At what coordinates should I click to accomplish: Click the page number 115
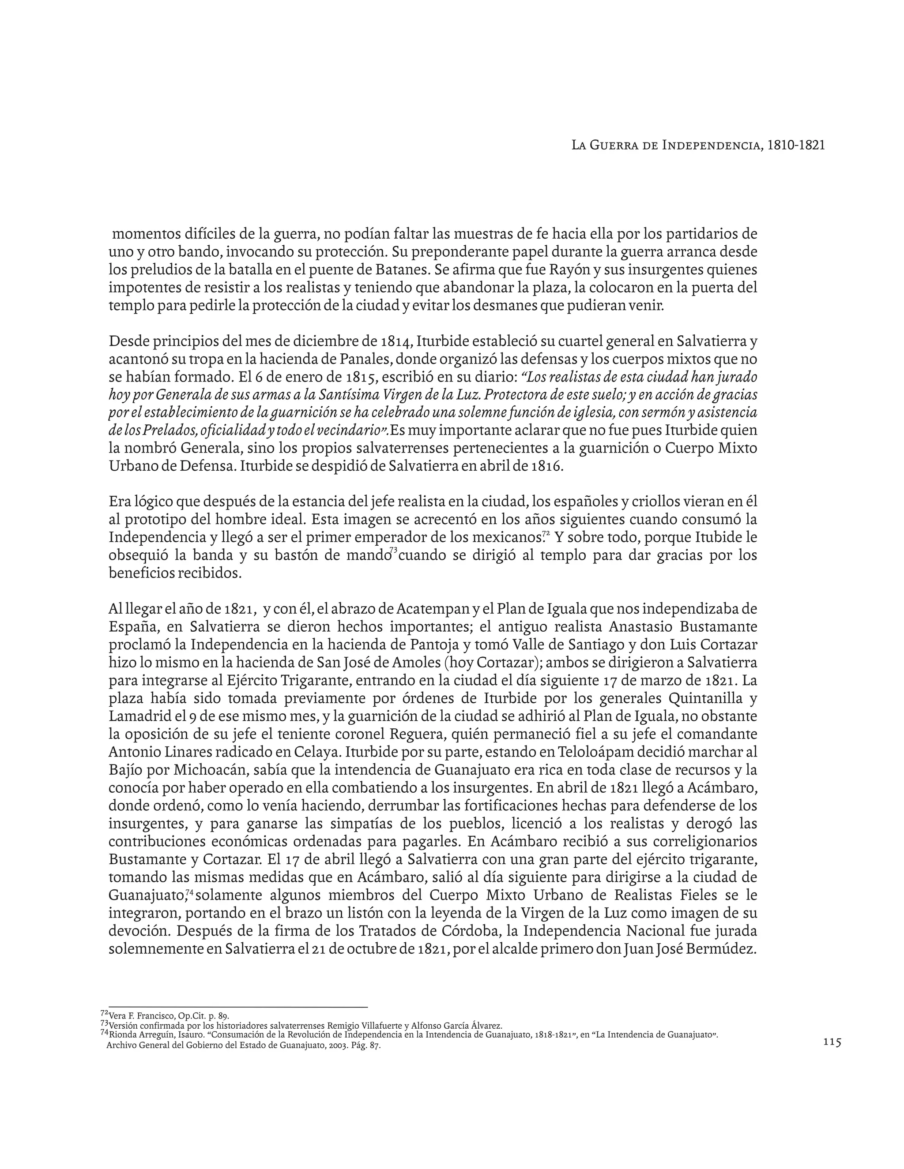[x=832, y=1042]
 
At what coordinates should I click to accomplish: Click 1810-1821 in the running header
[x=796, y=145]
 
